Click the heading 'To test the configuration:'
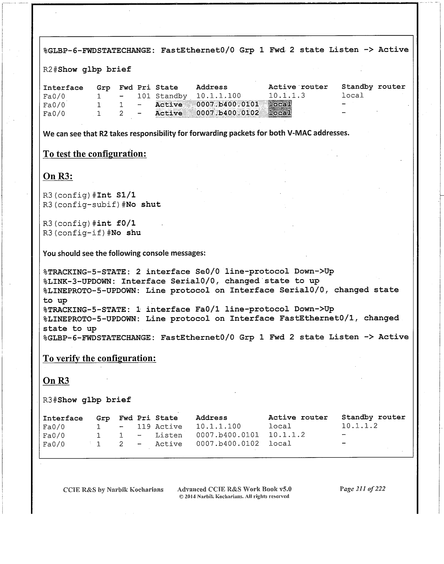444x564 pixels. [95, 154]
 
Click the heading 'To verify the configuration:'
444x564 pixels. [99, 358]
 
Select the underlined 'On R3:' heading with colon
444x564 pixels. [58, 176]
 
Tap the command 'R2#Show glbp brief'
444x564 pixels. [87, 70]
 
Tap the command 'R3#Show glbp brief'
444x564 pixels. [87, 400]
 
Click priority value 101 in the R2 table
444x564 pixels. [144, 96]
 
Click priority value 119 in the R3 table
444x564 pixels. [144, 427]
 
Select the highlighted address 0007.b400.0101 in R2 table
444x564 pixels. [228, 104]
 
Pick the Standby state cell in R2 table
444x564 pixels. [171, 96]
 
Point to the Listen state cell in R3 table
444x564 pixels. [168, 435]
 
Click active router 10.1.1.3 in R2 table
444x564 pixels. [287, 96]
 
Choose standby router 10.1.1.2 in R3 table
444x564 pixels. [359, 426]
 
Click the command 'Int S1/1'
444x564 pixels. [116, 195]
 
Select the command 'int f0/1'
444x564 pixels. [116, 223]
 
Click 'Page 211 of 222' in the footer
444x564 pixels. [362, 489]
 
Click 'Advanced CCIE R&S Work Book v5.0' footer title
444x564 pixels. [234, 489]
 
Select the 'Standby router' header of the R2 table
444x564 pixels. [373, 87]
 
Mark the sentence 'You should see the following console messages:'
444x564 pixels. [124, 253]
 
